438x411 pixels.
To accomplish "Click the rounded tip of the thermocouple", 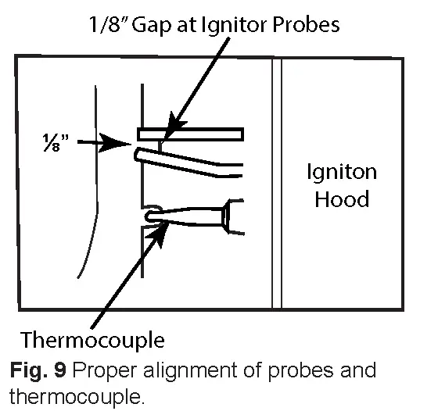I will pos(151,212).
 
